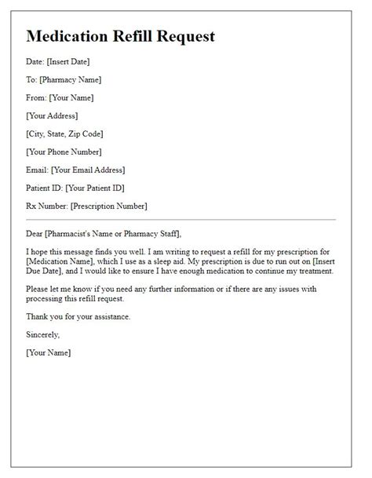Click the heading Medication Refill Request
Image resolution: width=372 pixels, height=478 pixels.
120,36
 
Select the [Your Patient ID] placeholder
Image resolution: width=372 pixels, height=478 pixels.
95,188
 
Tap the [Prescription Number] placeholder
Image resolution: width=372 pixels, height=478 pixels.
108,206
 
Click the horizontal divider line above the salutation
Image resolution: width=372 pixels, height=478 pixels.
181,219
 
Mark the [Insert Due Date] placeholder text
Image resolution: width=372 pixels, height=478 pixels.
309,260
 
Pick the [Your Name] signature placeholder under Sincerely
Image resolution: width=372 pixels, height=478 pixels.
49,352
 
